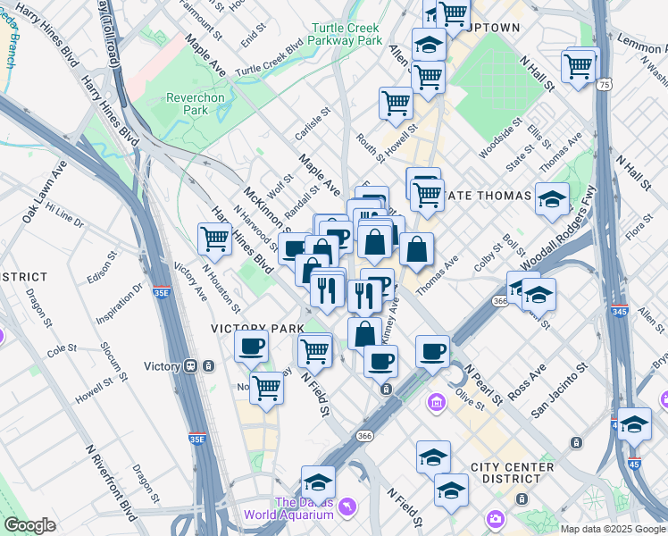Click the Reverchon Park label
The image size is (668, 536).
click(x=188, y=103)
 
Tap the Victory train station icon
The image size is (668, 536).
click(x=190, y=366)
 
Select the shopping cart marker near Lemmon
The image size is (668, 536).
click(x=580, y=65)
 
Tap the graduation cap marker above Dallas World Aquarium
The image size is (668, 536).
click(x=318, y=483)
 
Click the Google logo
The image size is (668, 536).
click(x=29, y=525)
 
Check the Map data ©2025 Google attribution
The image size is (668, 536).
click(x=613, y=529)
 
